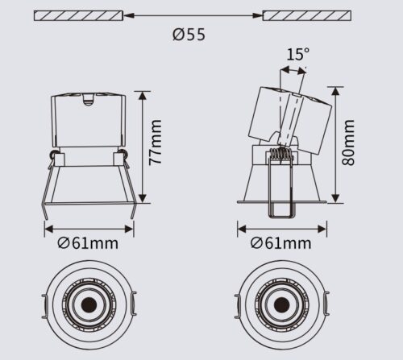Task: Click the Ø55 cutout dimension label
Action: coord(189,35)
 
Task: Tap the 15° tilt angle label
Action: coord(297,54)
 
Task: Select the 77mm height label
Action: coord(156,143)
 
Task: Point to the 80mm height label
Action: coord(348,143)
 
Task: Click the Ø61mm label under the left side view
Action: coord(88,243)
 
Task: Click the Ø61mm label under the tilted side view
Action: coord(280,243)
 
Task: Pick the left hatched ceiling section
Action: coord(78,15)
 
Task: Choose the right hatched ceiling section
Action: coord(307,15)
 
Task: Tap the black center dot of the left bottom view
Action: coord(89,305)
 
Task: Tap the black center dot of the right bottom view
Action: coord(282,305)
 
